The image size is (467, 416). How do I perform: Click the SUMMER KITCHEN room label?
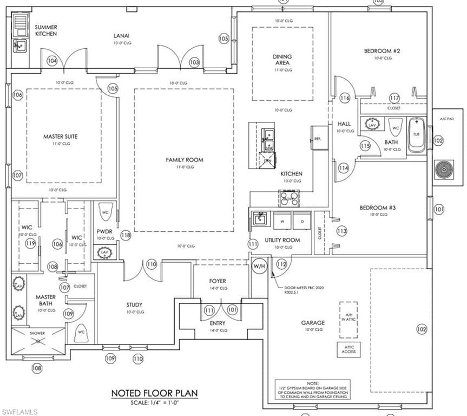46,30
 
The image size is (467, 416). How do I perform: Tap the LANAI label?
121,36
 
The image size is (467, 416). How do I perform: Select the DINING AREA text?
282,60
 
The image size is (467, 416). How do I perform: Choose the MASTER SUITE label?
60,136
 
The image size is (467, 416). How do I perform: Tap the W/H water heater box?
259,266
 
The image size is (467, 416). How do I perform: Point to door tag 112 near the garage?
281,264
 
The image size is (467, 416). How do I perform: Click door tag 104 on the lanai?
52,61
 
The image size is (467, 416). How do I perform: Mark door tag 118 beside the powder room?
126,235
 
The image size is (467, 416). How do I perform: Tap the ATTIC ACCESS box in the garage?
348,349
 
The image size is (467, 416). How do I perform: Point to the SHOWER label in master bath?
37,333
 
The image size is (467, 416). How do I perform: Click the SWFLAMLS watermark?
19,412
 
